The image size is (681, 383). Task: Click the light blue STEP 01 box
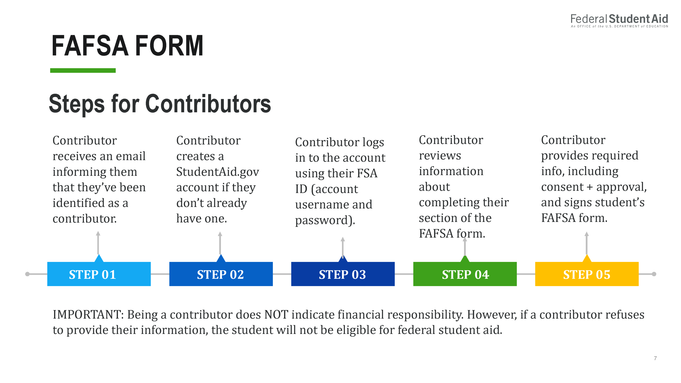tap(99, 274)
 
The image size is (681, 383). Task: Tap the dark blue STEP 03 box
tap(343, 274)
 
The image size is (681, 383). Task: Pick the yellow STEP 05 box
tap(587, 274)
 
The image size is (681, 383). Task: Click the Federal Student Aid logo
tap(619, 21)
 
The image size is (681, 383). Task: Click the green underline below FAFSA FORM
tap(83, 70)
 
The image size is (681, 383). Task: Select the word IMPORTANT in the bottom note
tap(88, 314)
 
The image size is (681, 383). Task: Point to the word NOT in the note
tap(276, 314)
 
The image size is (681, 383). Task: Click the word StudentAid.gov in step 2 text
tap(217, 172)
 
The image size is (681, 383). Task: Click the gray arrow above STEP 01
tap(98, 243)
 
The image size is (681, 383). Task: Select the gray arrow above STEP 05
tap(587, 243)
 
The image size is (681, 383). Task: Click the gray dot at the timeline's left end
tap(27, 274)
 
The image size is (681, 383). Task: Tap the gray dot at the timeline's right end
tap(654, 274)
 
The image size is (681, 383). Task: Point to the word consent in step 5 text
tap(562, 187)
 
